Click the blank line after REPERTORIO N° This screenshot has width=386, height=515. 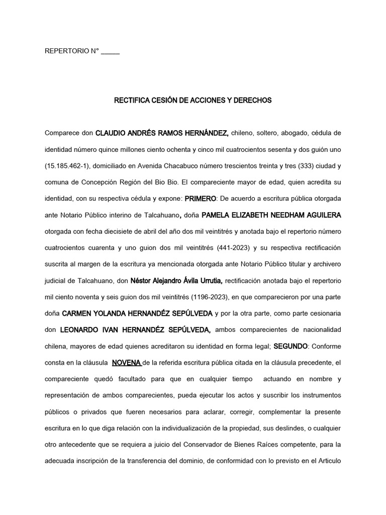pos(111,52)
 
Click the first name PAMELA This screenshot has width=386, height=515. pos(217,215)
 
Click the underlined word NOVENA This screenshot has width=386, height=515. pos(127,363)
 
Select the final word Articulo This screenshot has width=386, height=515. pos(329,461)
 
